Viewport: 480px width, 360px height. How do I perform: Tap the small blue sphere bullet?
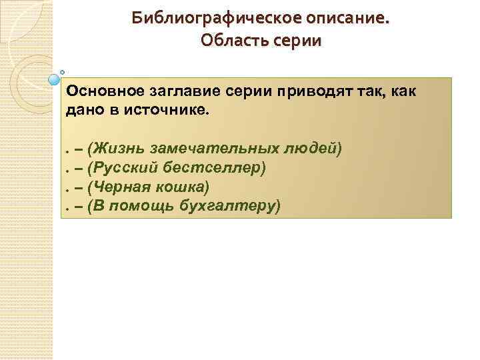[x=55, y=80]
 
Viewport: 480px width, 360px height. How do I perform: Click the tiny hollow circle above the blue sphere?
[x=62, y=71]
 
